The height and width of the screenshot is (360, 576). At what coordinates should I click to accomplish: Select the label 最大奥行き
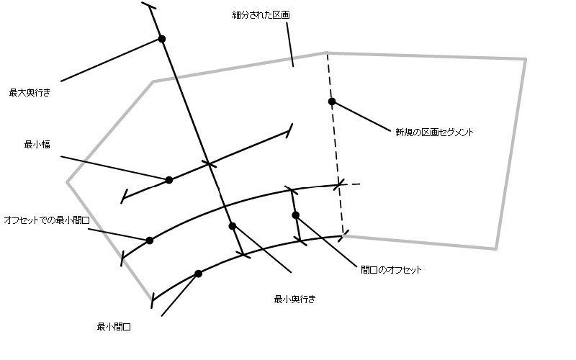tap(30, 92)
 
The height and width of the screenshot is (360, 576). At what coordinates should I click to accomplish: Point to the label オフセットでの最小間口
tap(46, 218)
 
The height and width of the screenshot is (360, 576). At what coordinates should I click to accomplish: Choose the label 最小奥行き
tap(294, 298)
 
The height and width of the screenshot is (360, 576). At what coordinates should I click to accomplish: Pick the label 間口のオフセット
tap(391, 270)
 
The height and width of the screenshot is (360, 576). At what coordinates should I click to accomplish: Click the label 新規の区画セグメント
tap(433, 132)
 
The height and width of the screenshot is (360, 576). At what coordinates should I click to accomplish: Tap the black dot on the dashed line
tap(332, 102)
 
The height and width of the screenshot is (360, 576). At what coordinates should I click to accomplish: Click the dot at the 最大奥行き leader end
tap(162, 39)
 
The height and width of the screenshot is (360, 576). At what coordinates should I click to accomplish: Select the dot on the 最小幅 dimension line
tap(169, 180)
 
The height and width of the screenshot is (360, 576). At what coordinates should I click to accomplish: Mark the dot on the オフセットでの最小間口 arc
tap(150, 240)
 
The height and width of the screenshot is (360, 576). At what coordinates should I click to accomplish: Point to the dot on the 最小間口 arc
tap(199, 274)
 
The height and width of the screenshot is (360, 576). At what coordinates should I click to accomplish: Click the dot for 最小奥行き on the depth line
tap(232, 226)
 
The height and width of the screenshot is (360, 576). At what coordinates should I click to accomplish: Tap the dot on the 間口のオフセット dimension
tap(295, 215)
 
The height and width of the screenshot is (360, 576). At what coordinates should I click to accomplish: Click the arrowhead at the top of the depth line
tap(150, 7)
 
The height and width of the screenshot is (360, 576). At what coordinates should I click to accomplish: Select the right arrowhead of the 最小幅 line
tap(289, 130)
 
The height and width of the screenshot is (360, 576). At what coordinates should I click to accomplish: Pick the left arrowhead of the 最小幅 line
tap(125, 196)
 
